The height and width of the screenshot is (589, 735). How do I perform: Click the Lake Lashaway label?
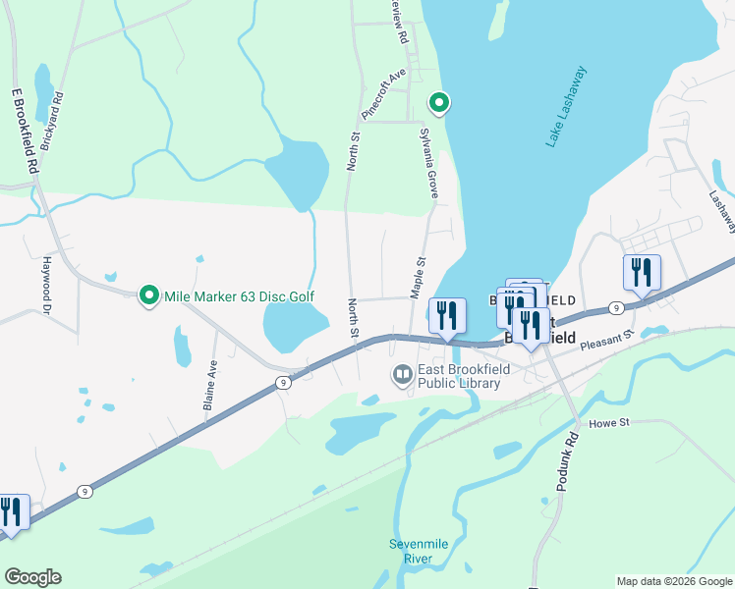567,107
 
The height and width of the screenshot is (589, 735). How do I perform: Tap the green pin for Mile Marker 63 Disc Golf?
149,294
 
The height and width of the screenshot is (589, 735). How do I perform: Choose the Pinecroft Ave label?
383,94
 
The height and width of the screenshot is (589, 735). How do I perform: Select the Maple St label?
419,276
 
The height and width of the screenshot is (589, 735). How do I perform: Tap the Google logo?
32,577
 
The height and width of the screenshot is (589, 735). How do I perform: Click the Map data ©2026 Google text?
673,581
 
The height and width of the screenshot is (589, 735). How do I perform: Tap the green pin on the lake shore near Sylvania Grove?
439,102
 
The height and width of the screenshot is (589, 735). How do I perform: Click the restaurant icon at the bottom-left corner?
12,513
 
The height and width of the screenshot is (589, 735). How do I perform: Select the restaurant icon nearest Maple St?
447,316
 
